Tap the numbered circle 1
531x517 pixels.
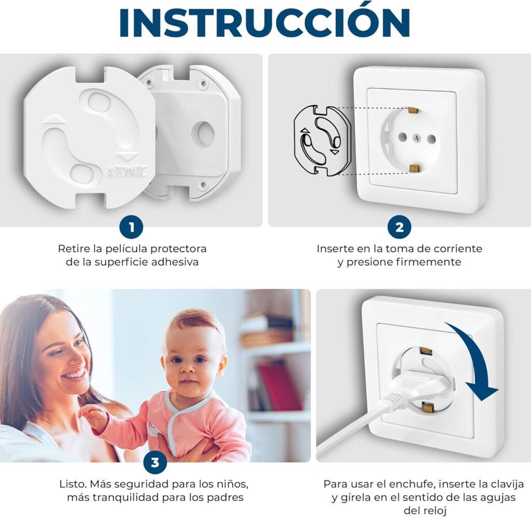click(131, 227)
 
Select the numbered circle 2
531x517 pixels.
click(399, 227)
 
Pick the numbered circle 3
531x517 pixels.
click(155, 462)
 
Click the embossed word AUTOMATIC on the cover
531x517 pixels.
click(127, 172)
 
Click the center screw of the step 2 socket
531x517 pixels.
click(416, 137)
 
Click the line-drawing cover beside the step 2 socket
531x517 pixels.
click(322, 141)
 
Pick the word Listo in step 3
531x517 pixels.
click(73, 484)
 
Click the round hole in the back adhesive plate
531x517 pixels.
click(203, 134)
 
